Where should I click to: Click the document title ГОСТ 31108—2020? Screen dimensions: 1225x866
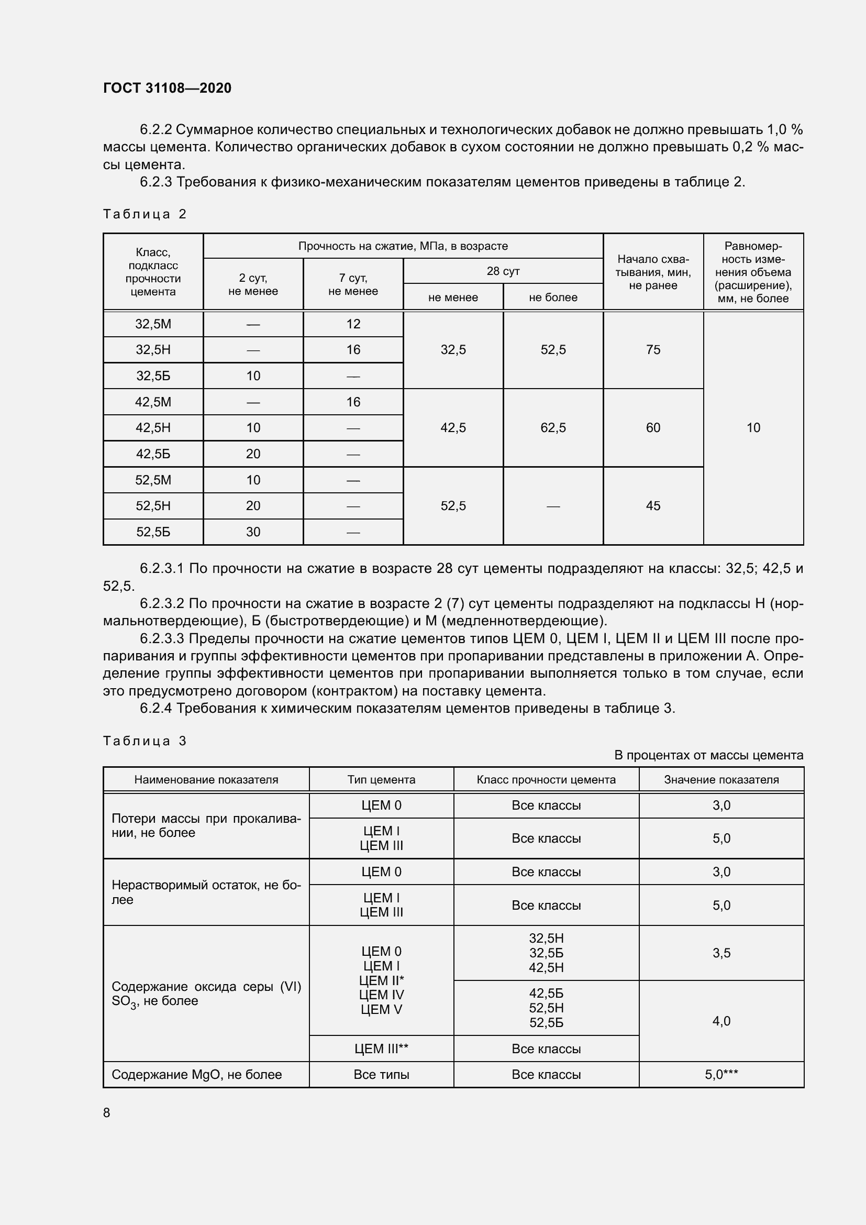(x=167, y=88)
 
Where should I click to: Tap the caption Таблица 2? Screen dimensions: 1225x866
(x=145, y=214)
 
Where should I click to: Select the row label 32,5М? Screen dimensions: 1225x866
(x=153, y=324)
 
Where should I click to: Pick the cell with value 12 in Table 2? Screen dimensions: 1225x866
(x=353, y=324)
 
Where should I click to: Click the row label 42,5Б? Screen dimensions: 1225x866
(x=153, y=454)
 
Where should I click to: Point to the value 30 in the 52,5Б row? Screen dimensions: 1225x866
(x=253, y=532)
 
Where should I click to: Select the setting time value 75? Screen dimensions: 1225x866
(x=653, y=349)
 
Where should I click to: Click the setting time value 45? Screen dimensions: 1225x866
(x=653, y=506)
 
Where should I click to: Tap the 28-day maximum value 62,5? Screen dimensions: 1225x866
(x=553, y=427)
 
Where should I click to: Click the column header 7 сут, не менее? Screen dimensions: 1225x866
(x=353, y=284)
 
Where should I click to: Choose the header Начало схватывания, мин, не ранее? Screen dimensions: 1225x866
(x=653, y=272)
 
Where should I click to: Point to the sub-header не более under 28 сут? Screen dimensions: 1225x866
(x=553, y=297)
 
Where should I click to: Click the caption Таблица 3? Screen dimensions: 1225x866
(x=145, y=741)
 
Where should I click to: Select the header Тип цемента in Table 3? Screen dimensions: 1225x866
(x=381, y=779)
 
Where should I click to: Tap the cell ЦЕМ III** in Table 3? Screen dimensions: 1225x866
(x=381, y=1049)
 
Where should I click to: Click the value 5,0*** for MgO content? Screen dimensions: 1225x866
(x=721, y=1074)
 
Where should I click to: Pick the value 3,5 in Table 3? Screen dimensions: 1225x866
(x=721, y=953)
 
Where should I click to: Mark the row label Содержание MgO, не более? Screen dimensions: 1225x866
(x=196, y=1074)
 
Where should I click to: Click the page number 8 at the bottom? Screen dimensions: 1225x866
(x=107, y=1112)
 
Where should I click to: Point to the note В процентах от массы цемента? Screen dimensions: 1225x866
(x=709, y=755)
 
